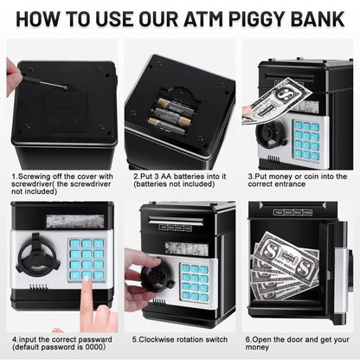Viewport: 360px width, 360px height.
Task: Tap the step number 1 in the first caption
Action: pos(15,176)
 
